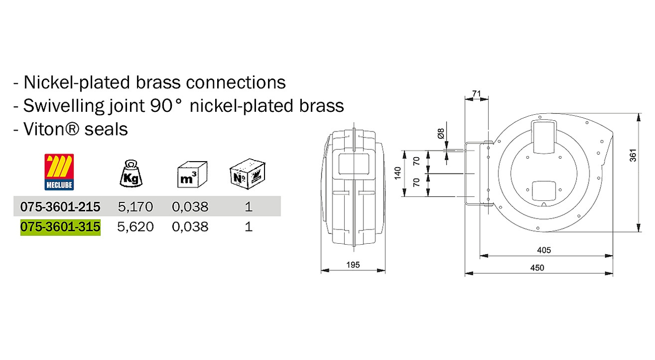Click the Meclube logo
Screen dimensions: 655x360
click(x=59, y=172)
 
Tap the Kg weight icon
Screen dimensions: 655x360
click(x=131, y=173)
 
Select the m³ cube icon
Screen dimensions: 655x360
click(x=192, y=174)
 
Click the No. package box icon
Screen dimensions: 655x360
click(x=247, y=174)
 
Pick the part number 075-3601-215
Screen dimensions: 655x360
click(x=60, y=206)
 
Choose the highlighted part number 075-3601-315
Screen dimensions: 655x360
click(x=60, y=227)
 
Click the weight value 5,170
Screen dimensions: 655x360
click(x=136, y=207)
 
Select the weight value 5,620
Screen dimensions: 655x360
click(x=136, y=227)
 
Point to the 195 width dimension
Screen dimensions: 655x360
click(x=353, y=265)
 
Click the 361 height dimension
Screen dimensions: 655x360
click(x=633, y=156)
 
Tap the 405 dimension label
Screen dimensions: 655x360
click(x=544, y=250)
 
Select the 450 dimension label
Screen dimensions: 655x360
click(x=537, y=268)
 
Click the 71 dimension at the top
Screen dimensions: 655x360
click(x=476, y=94)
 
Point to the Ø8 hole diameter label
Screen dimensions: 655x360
click(x=441, y=133)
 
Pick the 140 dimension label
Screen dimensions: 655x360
click(x=398, y=173)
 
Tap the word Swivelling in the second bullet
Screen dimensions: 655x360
click(x=63, y=106)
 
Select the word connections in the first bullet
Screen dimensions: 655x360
click(x=236, y=83)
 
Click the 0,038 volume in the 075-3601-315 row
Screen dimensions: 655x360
click(x=190, y=227)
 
